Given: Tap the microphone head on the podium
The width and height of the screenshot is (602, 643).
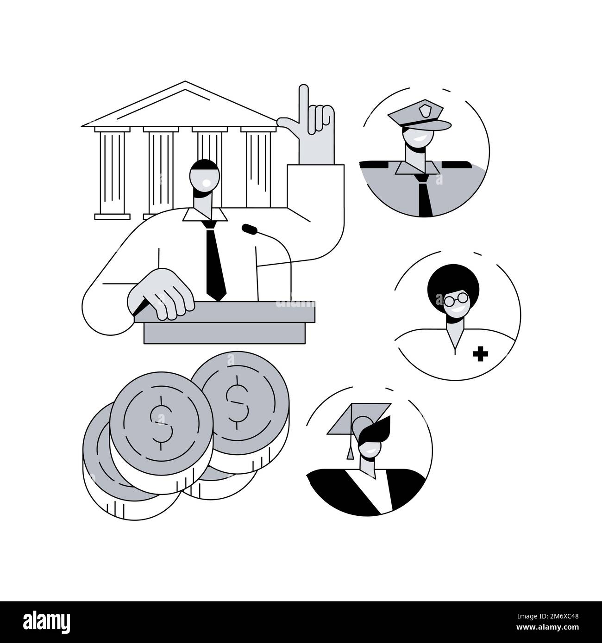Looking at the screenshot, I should pos(250,228).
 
